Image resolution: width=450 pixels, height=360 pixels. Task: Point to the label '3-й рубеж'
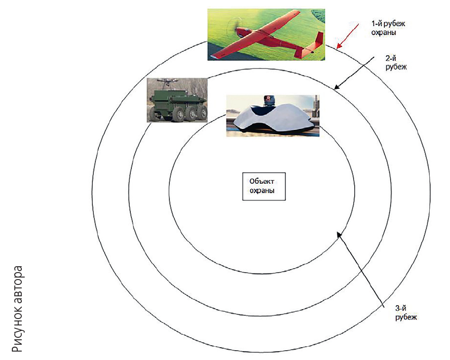tap(406, 312)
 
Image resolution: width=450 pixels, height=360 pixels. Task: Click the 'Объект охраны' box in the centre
tap(264, 186)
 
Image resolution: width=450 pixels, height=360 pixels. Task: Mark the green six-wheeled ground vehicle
tap(177, 104)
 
